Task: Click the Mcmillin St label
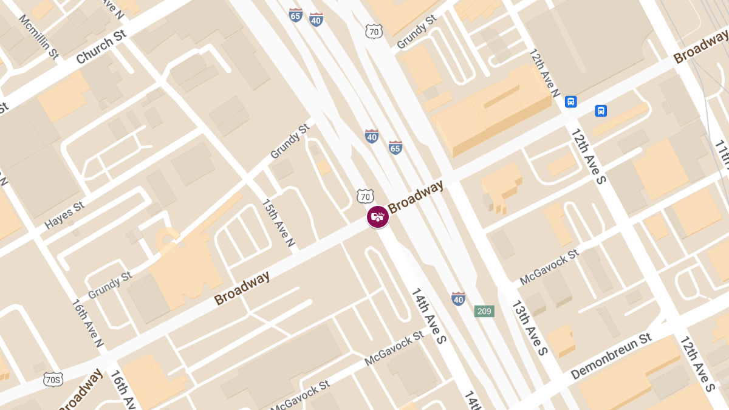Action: (x=38, y=37)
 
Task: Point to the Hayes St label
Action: (x=64, y=216)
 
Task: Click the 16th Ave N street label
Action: (x=87, y=324)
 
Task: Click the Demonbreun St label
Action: (x=612, y=356)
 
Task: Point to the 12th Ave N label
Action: (x=544, y=73)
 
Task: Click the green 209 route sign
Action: (x=484, y=312)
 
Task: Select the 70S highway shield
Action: (x=53, y=380)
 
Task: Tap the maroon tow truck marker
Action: (x=378, y=217)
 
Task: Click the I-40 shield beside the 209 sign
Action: (x=459, y=299)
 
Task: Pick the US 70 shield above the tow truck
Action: (x=364, y=196)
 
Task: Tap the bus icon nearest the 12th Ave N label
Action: (x=570, y=101)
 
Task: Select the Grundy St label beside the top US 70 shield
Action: (x=416, y=32)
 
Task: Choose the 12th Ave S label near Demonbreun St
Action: (x=697, y=363)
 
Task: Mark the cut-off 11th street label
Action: (x=721, y=155)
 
